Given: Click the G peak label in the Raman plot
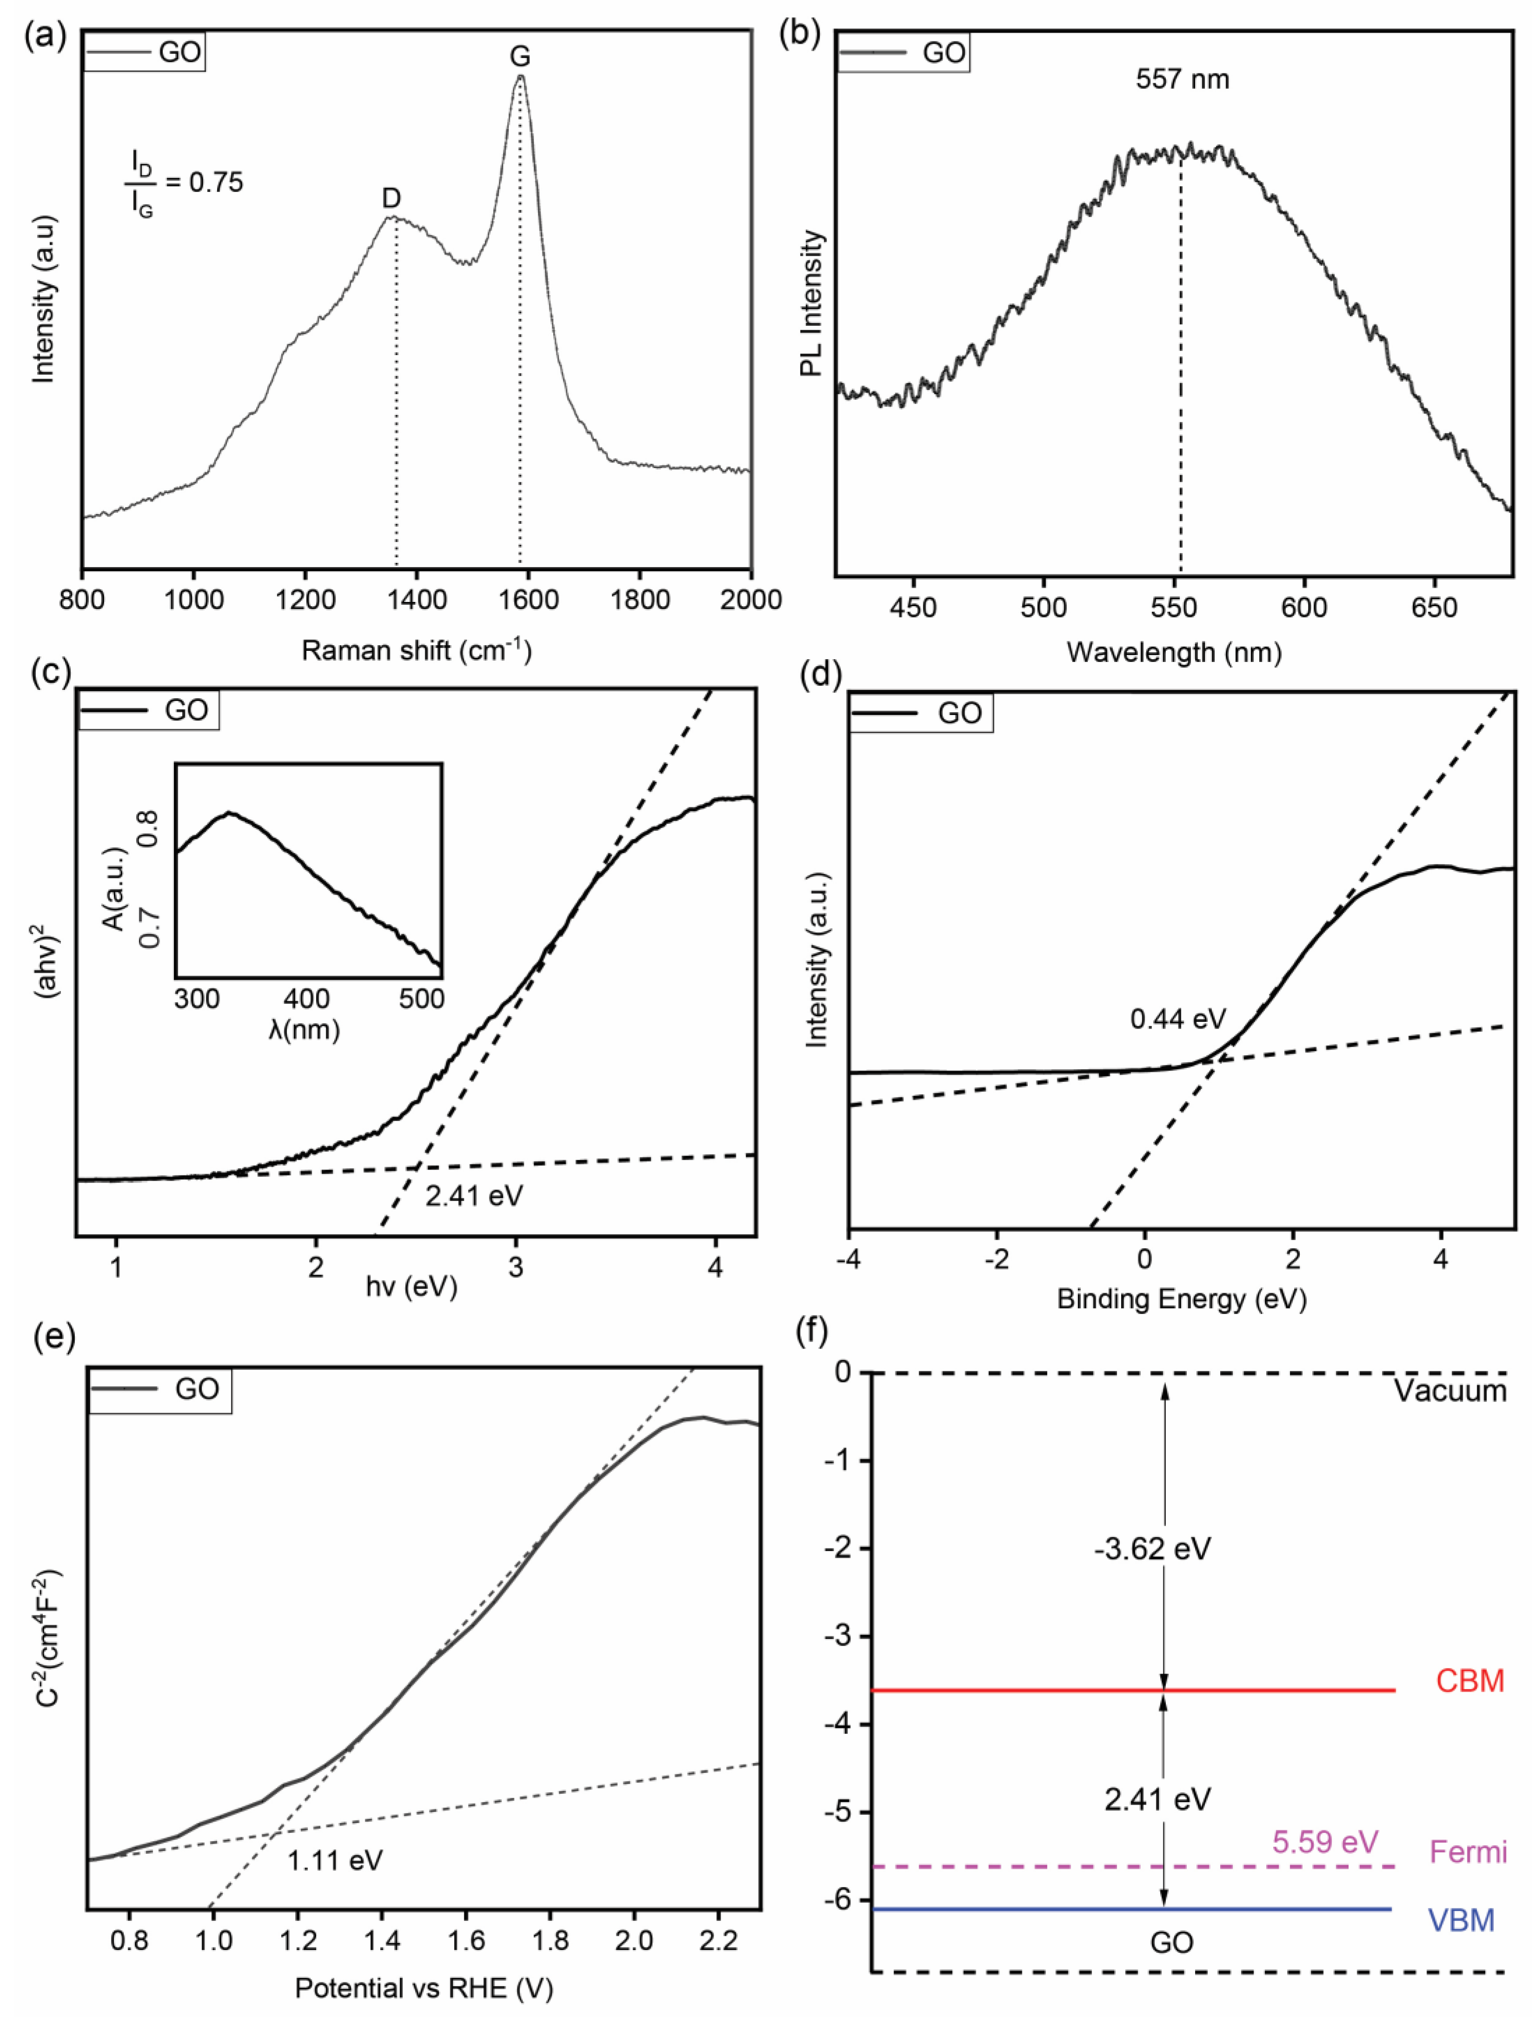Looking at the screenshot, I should [x=520, y=57].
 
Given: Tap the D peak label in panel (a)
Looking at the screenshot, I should [x=391, y=198].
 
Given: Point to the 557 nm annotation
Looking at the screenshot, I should [x=1183, y=79].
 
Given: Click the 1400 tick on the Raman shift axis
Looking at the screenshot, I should [x=417, y=600].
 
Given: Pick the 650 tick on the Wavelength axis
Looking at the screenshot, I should [x=1434, y=607].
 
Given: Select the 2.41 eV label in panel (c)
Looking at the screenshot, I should [x=474, y=1195].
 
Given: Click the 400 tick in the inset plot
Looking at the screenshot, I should [x=307, y=998].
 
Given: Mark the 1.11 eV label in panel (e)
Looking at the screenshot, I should [x=335, y=1860].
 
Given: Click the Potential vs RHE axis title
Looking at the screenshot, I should [x=423, y=1988].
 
